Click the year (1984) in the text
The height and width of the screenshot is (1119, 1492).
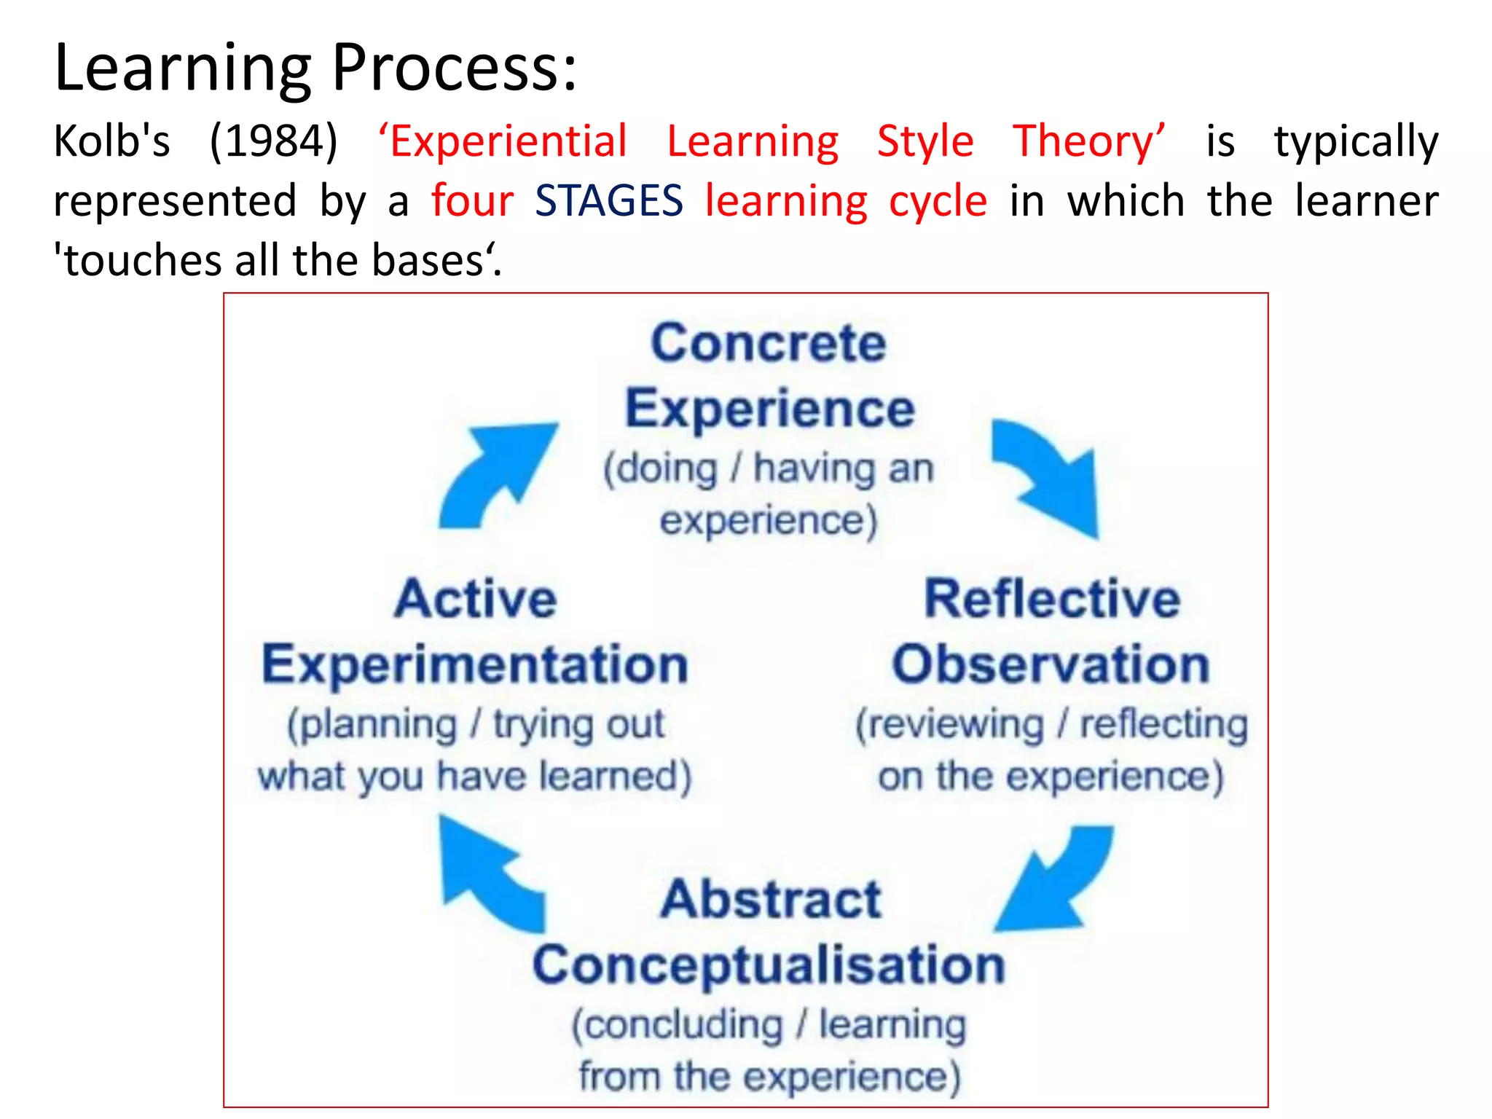pos(274,141)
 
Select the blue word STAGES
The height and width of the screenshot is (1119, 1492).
pos(609,201)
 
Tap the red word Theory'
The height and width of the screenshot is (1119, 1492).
pos(1089,141)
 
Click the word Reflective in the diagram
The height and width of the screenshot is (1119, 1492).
pos(1052,599)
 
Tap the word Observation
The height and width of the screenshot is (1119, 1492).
pos(1051,664)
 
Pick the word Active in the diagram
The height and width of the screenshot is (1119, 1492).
pos(476,599)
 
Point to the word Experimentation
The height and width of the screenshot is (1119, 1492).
pos(475,664)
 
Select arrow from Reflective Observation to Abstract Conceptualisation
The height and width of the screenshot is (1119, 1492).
pos(1056,882)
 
